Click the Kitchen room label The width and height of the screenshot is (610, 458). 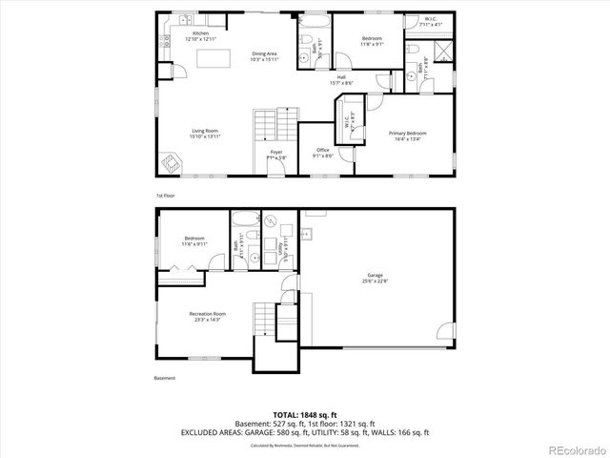point(200,35)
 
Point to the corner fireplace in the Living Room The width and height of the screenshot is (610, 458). point(169,165)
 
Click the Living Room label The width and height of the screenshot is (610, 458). point(206,134)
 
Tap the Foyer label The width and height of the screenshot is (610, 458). point(275,153)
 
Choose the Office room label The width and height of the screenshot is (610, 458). point(323,153)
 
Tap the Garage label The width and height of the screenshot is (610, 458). point(375,277)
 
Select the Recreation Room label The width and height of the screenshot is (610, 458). point(207,315)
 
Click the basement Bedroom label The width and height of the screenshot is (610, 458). point(194,240)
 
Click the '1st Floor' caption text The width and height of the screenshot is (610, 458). point(165,196)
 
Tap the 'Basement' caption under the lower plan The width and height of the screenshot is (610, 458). point(165,379)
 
